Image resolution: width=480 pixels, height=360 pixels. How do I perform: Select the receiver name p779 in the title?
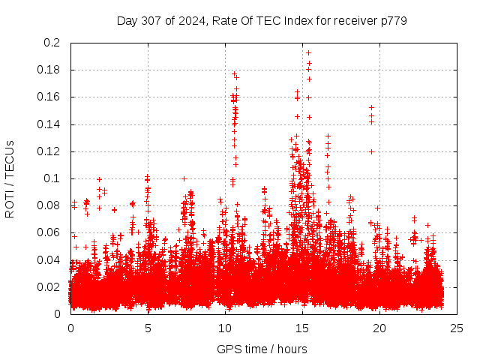click(x=393, y=20)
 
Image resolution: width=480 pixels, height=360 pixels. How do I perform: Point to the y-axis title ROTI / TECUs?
click(x=10, y=178)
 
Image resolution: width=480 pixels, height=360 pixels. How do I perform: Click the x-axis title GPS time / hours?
click(x=262, y=349)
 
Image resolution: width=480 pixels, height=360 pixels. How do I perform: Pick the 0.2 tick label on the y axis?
click(x=51, y=43)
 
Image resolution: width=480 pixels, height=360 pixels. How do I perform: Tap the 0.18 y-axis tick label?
click(x=48, y=70)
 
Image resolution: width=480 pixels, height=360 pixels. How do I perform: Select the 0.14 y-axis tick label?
click(x=48, y=124)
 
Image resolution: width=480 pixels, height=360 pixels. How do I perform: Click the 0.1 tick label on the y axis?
click(x=51, y=178)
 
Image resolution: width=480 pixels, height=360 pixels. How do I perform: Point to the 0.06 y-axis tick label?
click(x=48, y=232)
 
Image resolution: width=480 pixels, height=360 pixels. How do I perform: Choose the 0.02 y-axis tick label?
click(x=48, y=287)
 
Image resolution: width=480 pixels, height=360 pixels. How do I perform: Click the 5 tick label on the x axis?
click(x=148, y=328)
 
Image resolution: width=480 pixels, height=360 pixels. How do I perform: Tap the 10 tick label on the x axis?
click(x=225, y=328)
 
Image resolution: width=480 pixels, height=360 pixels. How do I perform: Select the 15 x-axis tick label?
click(x=302, y=328)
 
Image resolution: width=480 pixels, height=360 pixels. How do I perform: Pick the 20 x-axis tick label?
click(x=379, y=328)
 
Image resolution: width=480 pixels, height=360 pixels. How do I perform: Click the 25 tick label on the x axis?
click(x=457, y=328)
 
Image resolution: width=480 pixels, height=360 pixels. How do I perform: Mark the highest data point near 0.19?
click(x=308, y=52)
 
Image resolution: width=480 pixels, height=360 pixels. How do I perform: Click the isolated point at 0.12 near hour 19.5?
click(x=371, y=151)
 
